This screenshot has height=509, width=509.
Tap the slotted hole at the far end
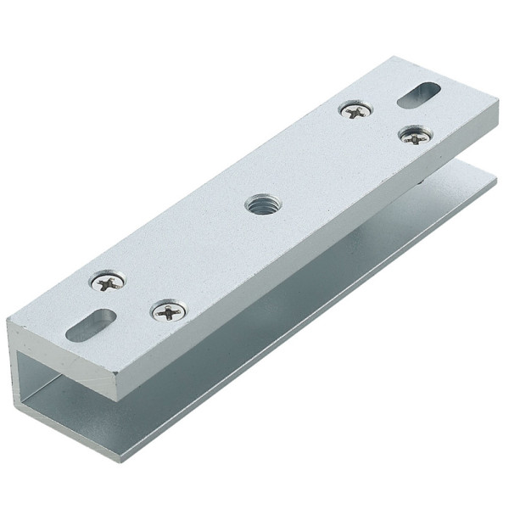click(418, 94)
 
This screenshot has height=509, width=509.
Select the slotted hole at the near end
click(91, 325)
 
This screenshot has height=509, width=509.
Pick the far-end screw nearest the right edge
click(416, 134)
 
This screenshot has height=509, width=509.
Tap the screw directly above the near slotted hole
click(109, 282)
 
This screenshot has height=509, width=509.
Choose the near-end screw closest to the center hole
click(170, 311)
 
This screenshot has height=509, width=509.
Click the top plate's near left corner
click(8, 322)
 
